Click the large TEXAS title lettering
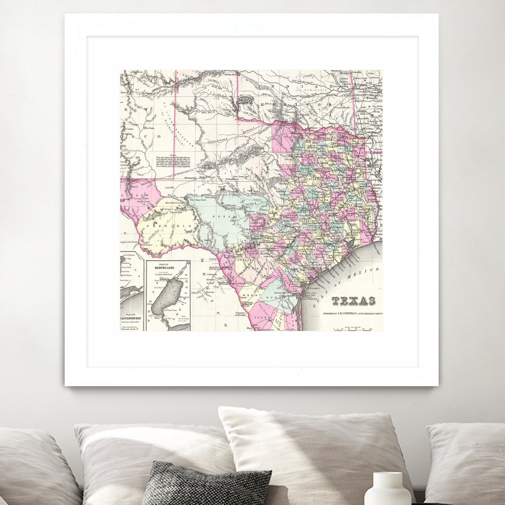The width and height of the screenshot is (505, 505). (353, 301)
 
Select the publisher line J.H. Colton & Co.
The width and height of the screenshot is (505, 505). (352, 313)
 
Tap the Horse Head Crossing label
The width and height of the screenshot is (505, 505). (174, 203)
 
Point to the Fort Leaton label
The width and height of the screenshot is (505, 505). (147, 245)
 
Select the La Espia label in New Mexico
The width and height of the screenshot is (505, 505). (149, 128)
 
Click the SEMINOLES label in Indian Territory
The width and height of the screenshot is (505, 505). (315, 90)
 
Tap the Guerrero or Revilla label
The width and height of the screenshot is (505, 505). (235, 314)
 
